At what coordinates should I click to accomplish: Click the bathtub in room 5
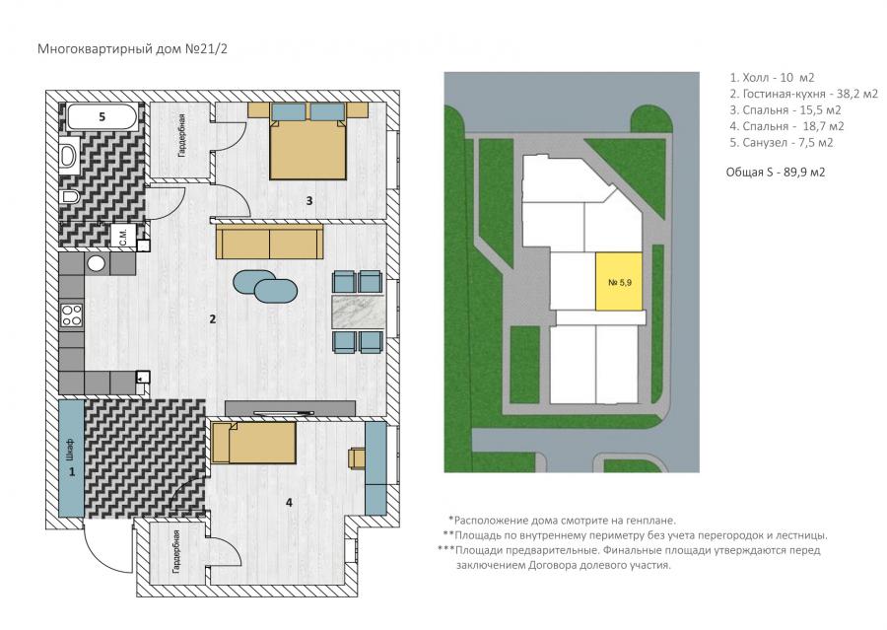102,116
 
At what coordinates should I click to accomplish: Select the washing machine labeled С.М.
123,235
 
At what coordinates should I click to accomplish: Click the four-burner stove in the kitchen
72,315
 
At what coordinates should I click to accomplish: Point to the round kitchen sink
96,263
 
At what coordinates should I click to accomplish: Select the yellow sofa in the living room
269,242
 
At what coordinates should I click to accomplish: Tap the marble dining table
358,311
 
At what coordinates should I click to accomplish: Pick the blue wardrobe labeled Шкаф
72,457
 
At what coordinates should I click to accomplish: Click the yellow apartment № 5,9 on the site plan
619,281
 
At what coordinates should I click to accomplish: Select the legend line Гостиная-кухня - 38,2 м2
803,94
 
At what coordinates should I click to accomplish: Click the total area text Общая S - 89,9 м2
776,173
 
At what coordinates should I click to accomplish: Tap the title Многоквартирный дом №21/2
132,48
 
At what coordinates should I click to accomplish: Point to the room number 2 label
213,319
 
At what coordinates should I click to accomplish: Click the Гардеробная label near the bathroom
181,135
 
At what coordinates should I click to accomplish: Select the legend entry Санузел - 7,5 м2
782,143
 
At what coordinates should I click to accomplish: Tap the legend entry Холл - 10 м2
772,78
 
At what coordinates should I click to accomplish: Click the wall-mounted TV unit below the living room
290,408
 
